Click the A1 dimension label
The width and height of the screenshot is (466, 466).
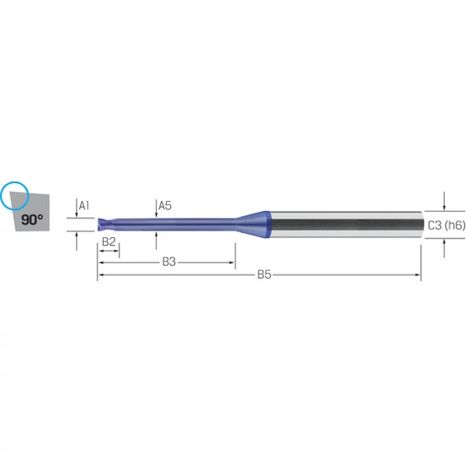pyautogui.click(x=84, y=205)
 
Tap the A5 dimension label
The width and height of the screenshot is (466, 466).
pyautogui.click(x=164, y=205)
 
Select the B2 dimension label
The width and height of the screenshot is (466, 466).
pyautogui.click(x=109, y=242)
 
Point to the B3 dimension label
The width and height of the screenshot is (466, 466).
pyautogui.click(x=168, y=262)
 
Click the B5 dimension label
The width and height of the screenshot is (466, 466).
pyautogui.click(x=264, y=275)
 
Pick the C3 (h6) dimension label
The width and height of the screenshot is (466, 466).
pyautogui.click(x=446, y=226)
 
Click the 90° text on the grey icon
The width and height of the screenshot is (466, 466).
pyautogui.click(x=32, y=220)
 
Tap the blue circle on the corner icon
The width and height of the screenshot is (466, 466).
pyautogui.click(x=15, y=181)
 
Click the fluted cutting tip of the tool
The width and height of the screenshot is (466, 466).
pyautogui.click(x=104, y=224)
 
